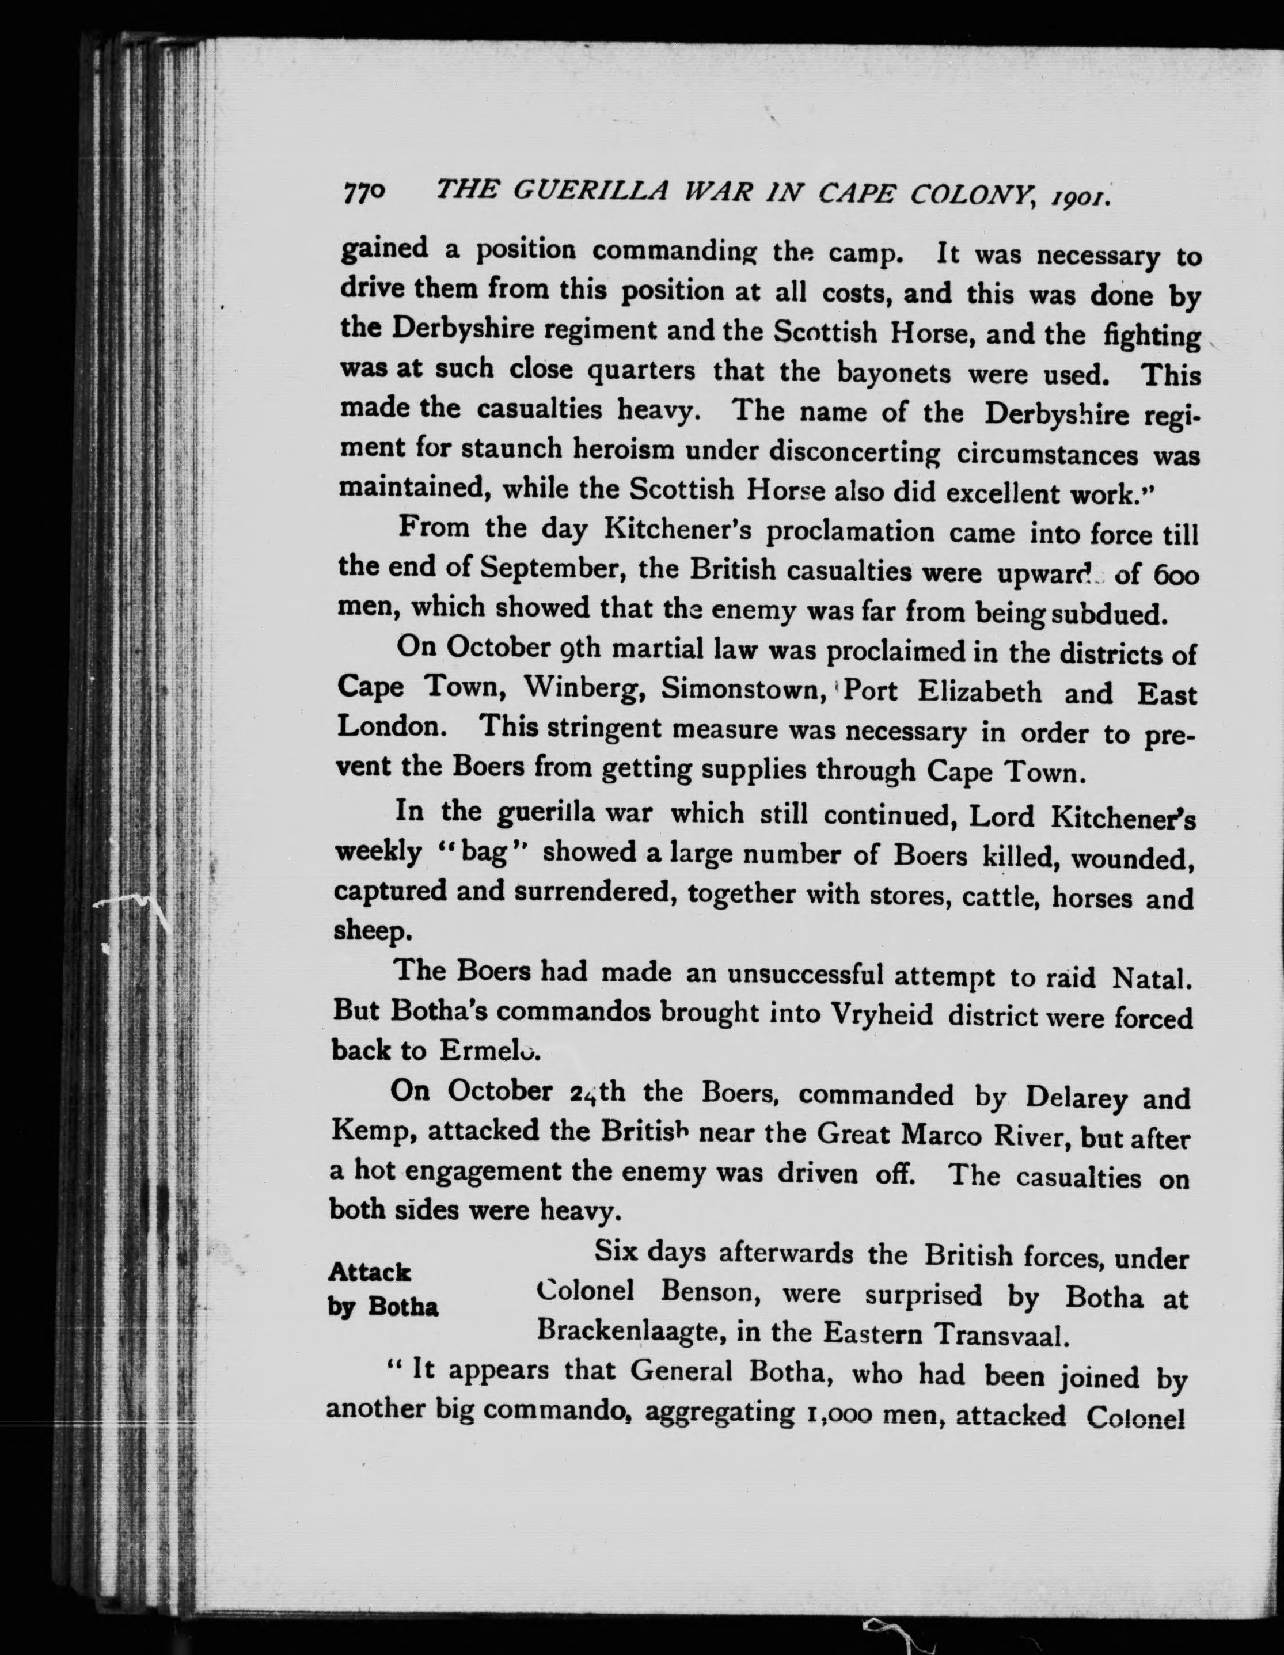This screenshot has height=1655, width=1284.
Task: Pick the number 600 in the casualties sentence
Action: pyautogui.click(x=1177, y=577)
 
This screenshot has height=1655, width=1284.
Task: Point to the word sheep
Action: pyautogui.click(x=371, y=931)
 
